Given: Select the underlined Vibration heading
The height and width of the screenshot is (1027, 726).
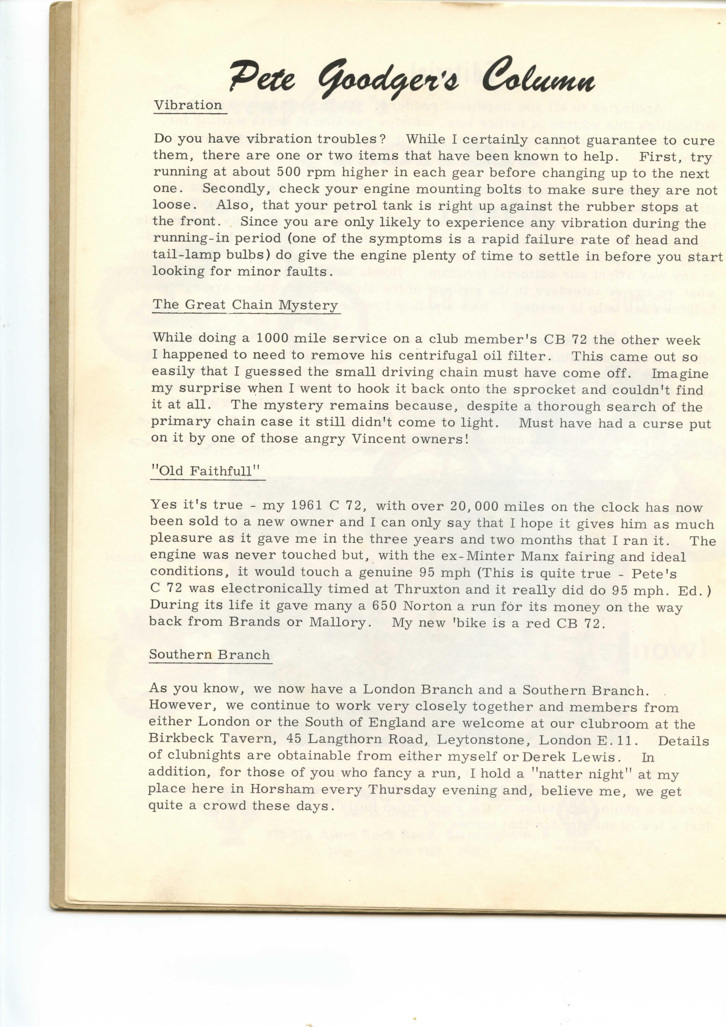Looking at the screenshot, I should point(188,106).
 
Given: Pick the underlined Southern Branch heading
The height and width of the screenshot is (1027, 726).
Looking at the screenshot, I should point(209,654).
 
